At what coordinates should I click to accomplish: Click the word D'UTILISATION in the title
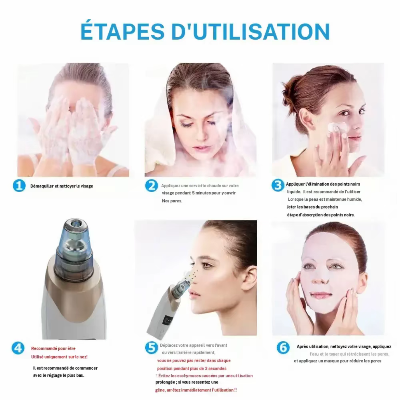point(251,31)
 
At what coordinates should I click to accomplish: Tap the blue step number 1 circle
point(19,185)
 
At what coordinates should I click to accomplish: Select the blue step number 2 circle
point(151,185)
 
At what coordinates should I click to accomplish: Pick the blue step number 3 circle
point(278,185)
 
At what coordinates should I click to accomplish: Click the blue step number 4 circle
point(18,348)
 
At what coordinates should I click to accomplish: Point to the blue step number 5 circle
point(151,347)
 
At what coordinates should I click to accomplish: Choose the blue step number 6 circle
point(283,347)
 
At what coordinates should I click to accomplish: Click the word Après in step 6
point(302,347)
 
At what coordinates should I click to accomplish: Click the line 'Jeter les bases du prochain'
point(312,207)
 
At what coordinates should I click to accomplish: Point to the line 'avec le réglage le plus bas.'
point(59,375)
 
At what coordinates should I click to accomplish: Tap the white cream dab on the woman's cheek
point(335,126)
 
